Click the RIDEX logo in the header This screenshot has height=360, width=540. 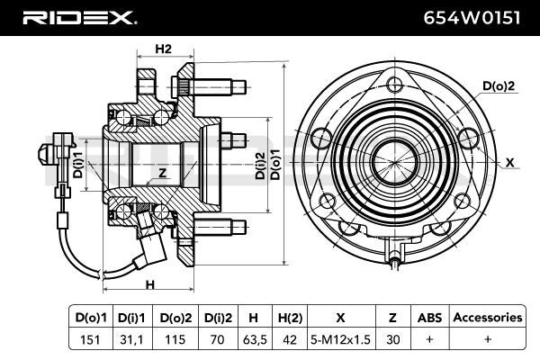point(79,18)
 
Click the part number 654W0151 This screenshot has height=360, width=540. point(472,18)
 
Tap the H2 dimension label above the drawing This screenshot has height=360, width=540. point(163,49)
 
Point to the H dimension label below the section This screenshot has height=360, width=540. point(149,285)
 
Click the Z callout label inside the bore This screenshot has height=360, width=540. point(163,173)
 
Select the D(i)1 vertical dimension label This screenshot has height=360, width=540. point(78,165)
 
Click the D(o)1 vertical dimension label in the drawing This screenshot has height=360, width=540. point(276,165)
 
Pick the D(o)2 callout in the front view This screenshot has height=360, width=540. point(499,85)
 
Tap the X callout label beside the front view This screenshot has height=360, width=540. point(510,163)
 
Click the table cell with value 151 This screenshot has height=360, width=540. point(90,339)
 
